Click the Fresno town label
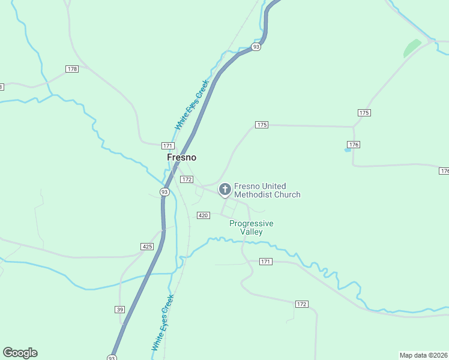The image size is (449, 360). click(181, 157)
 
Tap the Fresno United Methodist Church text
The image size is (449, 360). click(267, 190)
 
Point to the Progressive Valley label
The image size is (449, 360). click(252, 227)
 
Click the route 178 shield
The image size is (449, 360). click(73, 69)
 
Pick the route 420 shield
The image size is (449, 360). click(203, 215)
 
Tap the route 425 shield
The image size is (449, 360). click(147, 247)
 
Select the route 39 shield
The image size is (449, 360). click(120, 309)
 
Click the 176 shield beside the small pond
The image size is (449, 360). click(354, 145)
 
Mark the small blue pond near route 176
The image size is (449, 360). click(348, 149)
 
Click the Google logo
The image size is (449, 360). click(20, 353)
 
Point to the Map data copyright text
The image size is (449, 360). click(424, 355)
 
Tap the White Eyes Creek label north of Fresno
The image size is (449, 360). click(191, 105)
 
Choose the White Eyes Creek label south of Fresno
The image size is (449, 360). click(163, 322)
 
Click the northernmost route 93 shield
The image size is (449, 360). click(256, 47)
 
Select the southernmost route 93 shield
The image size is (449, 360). click(112, 358)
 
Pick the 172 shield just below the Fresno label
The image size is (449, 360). click(187, 179)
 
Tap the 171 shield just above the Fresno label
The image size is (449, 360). click(168, 146)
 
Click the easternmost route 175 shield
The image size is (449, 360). click(364, 113)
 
